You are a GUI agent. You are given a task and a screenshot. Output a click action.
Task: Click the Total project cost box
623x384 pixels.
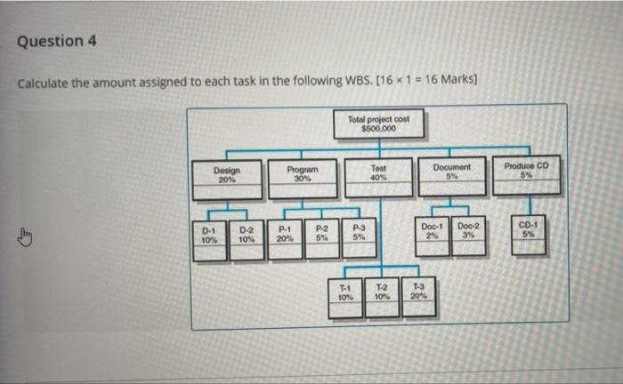378,124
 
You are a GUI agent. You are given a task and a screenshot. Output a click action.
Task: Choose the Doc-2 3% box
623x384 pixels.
468,235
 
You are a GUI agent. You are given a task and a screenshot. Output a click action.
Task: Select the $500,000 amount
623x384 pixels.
378,127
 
